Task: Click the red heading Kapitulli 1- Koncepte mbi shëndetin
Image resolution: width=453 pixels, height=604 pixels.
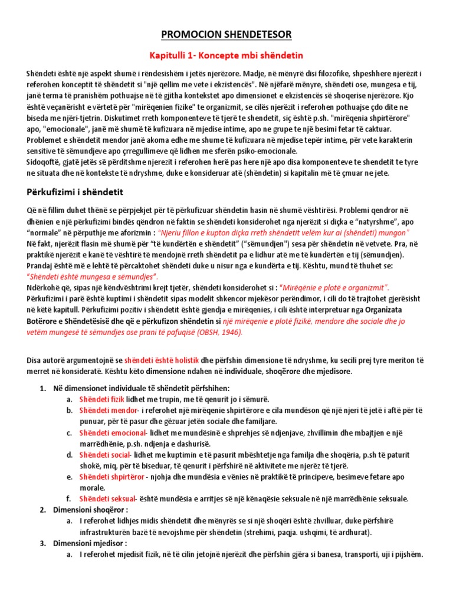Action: coord(226,55)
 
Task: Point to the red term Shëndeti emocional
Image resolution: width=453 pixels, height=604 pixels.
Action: coord(111,432)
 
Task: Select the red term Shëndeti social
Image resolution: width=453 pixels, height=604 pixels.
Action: coord(104,455)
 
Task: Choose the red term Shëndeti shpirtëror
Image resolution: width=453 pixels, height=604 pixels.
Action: coord(111,477)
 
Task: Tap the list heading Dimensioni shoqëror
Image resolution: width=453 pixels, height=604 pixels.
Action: coord(89,510)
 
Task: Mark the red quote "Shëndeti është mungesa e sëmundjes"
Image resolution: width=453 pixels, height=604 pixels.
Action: coord(93,277)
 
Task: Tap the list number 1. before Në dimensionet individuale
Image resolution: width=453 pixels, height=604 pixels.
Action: coord(42,388)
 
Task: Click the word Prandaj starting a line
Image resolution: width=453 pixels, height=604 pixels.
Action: coord(41,265)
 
